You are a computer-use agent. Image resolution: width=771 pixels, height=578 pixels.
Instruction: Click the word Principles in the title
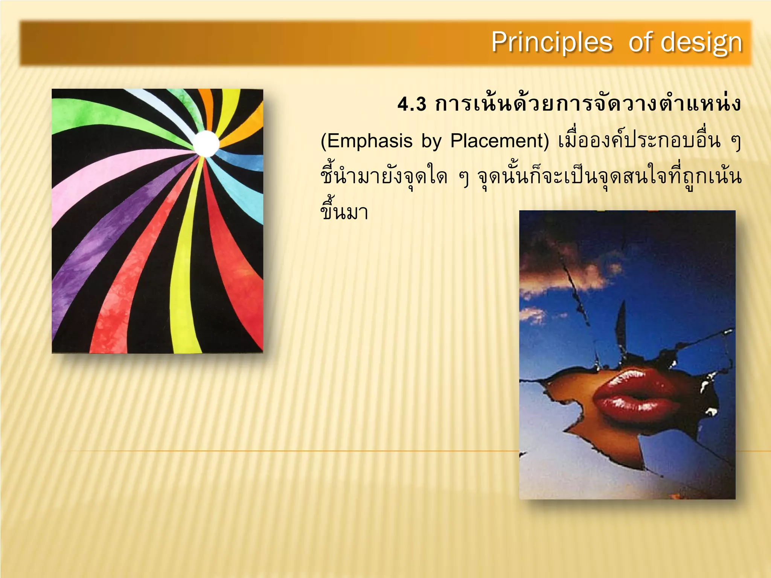(552, 42)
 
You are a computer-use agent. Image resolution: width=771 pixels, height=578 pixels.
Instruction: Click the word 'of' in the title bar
(642, 42)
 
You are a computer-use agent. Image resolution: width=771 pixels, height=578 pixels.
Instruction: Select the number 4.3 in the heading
(412, 104)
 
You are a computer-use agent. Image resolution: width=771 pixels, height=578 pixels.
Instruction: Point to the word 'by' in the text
(431, 141)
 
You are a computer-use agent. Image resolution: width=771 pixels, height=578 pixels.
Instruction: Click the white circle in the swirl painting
(206, 143)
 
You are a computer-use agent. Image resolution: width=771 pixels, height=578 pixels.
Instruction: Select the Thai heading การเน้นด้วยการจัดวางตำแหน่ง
(588, 104)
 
